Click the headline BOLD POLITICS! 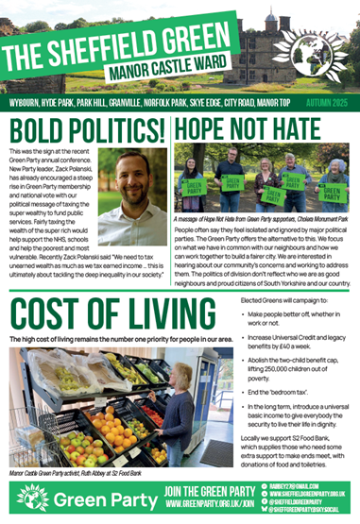pos(84,126)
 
